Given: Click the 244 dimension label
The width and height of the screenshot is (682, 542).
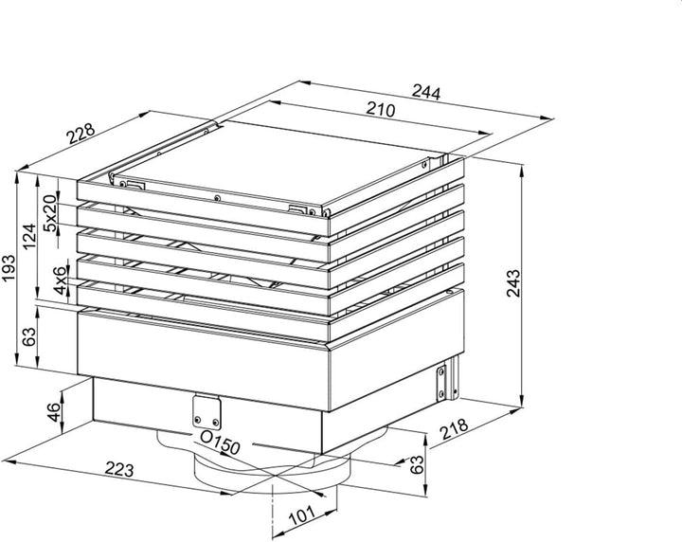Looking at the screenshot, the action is point(426,92).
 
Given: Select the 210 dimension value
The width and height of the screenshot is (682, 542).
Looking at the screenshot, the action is point(380,110).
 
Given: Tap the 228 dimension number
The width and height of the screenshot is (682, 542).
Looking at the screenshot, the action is point(81,134).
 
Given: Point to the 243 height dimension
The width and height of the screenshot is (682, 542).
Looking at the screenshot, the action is point(513,282).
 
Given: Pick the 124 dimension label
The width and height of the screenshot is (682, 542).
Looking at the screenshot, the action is point(29,237).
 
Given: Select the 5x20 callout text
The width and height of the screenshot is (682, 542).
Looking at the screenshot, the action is point(51,213).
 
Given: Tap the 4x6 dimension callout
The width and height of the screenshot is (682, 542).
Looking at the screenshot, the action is point(62,280).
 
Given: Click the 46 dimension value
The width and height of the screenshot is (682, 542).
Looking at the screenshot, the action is point(54,412).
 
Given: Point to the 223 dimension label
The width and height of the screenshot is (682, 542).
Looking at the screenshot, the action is point(119,469).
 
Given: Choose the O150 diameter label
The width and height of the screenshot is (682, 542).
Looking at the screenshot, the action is point(220,442).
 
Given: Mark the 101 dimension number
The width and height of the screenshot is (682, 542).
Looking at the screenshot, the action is point(302,515).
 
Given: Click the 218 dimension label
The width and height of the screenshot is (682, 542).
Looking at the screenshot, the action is point(454,429).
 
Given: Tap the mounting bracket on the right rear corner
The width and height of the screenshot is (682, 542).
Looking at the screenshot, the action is point(447,378).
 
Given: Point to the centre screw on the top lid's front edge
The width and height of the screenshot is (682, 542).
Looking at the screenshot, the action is point(217,198).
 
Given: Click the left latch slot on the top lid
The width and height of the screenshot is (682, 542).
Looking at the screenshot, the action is point(133,186).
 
